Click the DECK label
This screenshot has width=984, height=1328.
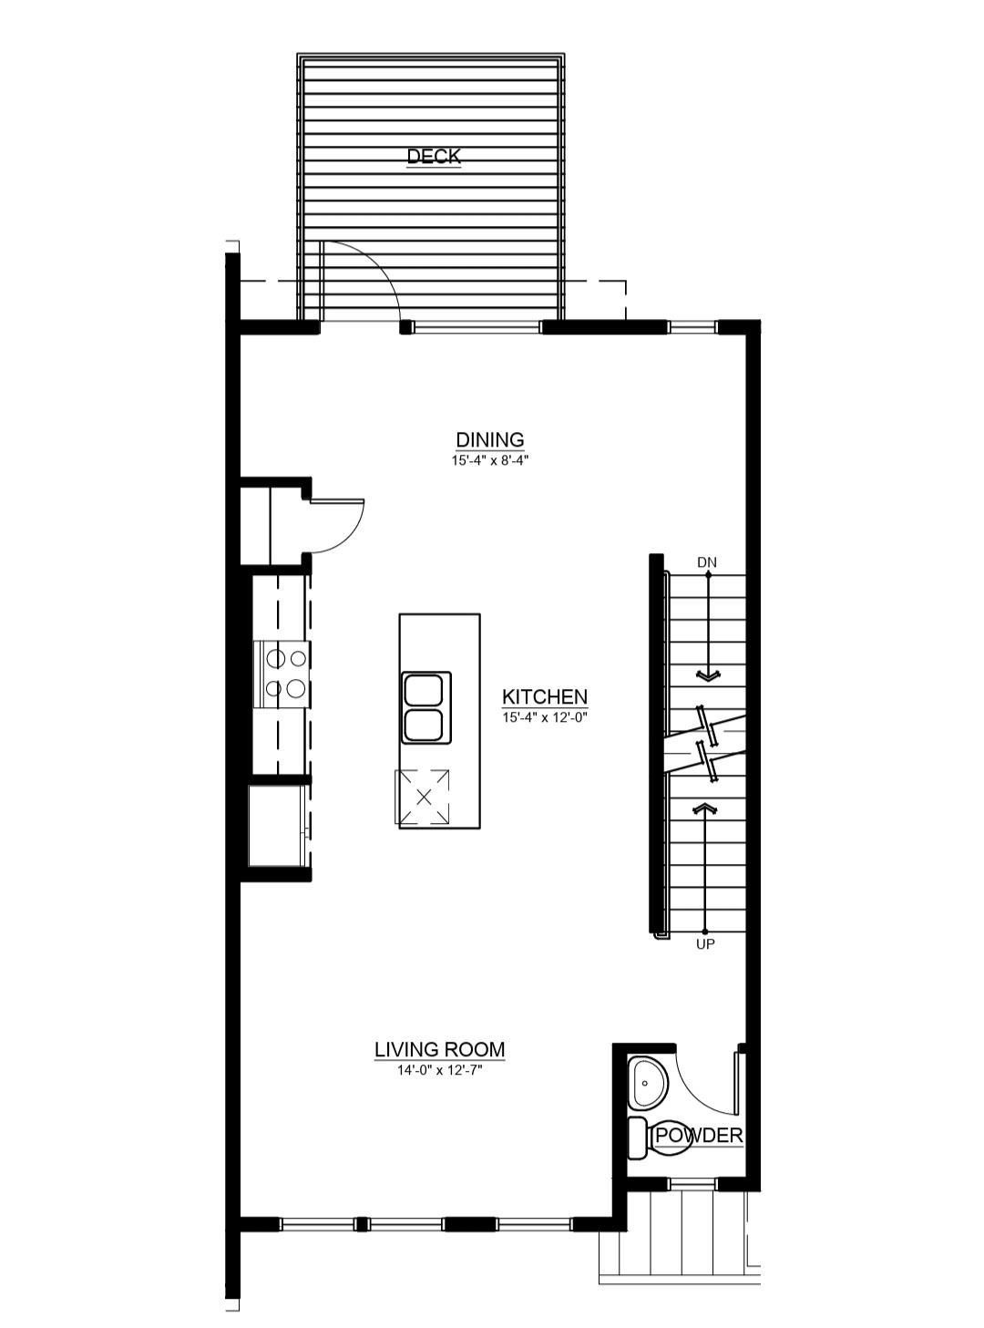pyautogui.click(x=434, y=156)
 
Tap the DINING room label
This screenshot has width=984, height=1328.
pyautogui.click(x=490, y=439)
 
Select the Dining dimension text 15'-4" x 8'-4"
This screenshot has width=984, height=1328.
pyautogui.click(x=490, y=460)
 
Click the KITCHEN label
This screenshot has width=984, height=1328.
pyautogui.click(x=545, y=696)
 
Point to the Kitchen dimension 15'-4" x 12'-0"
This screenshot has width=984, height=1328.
pyautogui.click(x=545, y=717)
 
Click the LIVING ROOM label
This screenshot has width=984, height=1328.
pyautogui.click(x=439, y=1049)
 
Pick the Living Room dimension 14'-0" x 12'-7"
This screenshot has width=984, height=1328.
pyautogui.click(x=439, y=1070)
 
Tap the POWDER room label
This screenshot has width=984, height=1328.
pyautogui.click(x=699, y=1136)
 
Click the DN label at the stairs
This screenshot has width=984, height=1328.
pyautogui.click(x=707, y=562)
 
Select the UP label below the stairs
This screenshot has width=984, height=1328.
pyautogui.click(x=705, y=944)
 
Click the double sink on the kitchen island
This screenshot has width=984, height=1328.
pyautogui.click(x=424, y=708)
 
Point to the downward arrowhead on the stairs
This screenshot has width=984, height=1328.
pyautogui.click(x=707, y=675)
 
